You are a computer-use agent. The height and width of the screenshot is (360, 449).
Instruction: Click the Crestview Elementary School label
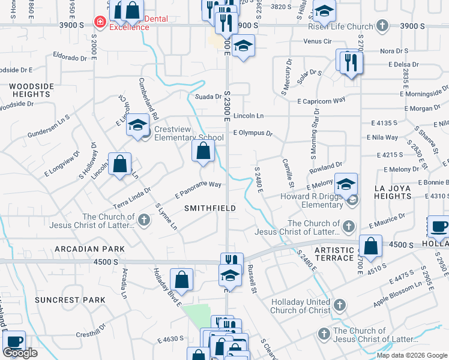(x=188, y=133)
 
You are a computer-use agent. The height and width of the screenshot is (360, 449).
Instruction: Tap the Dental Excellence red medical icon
(x=99, y=22)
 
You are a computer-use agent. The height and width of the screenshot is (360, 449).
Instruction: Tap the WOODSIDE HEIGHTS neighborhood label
(x=30, y=91)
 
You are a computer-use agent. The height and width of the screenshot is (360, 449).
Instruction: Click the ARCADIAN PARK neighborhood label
(x=89, y=248)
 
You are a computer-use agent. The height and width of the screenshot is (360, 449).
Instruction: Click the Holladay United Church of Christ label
(x=300, y=306)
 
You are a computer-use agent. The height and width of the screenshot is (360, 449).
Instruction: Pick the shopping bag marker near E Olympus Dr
(x=203, y=151)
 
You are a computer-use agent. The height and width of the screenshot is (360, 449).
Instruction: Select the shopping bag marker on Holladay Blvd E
(x=181, y=280)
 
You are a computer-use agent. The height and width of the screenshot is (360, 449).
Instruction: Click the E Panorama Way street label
(x=199, y=190)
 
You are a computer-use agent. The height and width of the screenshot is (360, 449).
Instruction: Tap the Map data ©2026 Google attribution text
(x=412, y=355)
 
